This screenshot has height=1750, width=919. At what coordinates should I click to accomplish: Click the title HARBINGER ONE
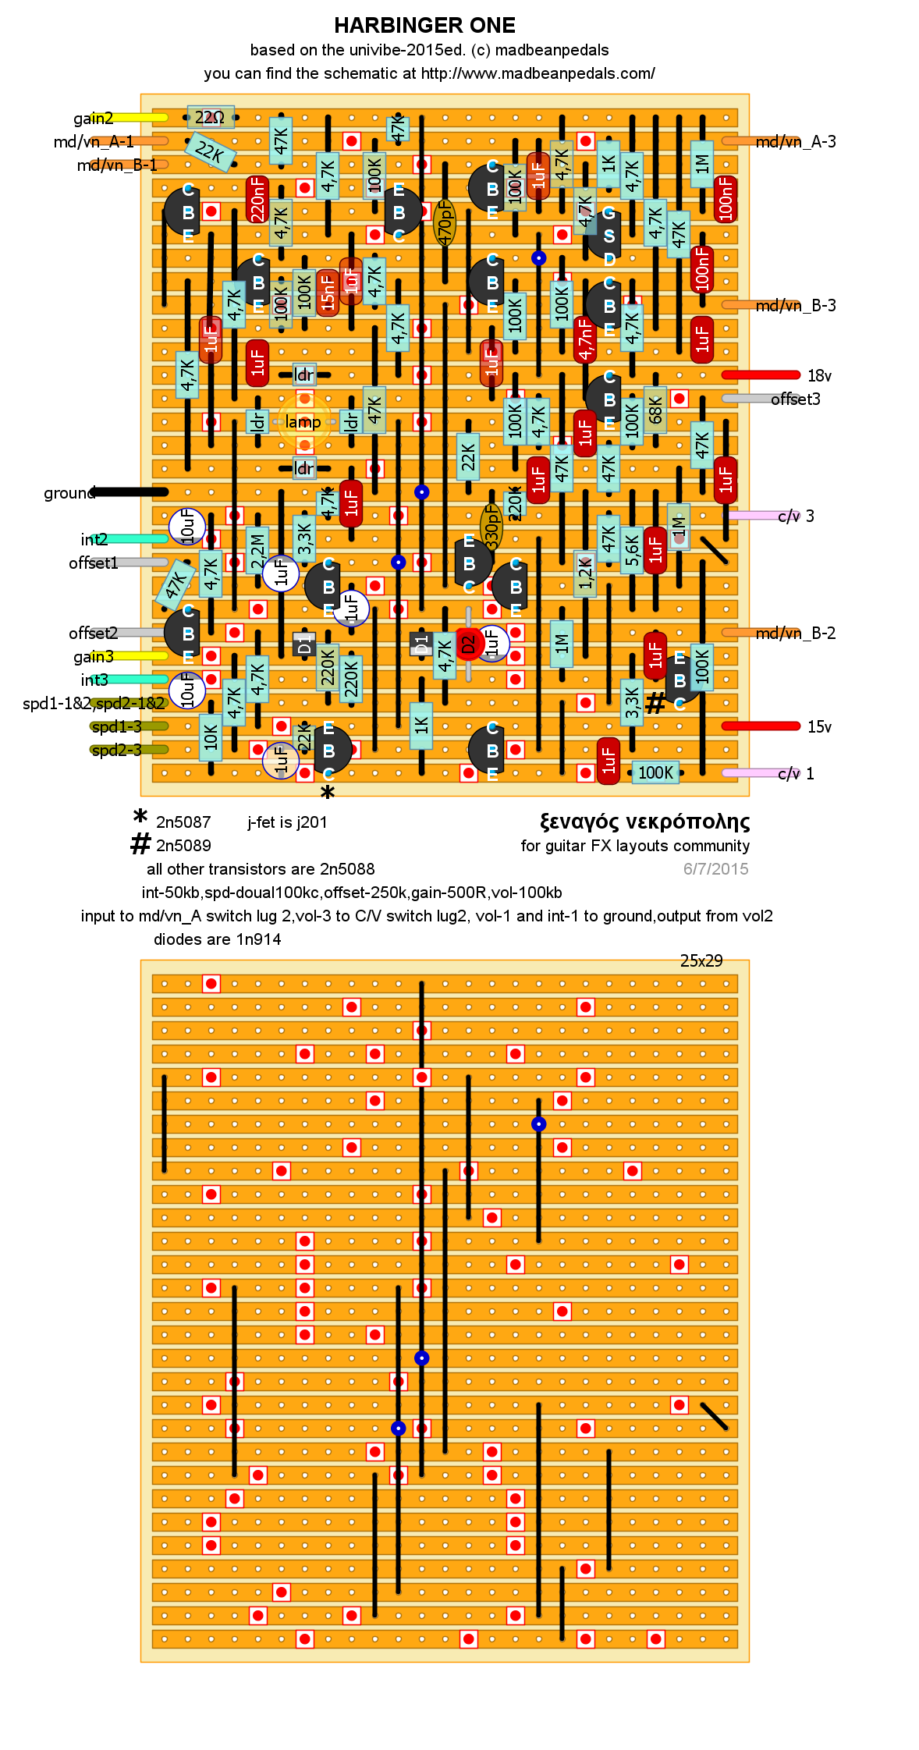pos(424,26)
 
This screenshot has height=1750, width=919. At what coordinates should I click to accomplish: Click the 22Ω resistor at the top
pos(210,118)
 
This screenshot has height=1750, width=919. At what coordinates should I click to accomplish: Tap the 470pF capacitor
pos(445,222)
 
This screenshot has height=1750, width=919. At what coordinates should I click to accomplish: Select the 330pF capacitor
pos(491,527)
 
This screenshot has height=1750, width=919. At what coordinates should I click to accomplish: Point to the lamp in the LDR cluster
pos(303,422)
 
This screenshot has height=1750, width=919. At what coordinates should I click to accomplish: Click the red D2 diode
pos(468,644)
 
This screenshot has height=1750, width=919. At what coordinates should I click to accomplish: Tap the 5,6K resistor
pos(632,551)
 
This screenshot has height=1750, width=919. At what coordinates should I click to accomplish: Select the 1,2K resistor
pos(585,574)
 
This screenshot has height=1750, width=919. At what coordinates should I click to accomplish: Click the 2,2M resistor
pos(257,551)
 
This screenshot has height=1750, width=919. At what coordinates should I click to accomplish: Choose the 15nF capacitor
pos(328,293)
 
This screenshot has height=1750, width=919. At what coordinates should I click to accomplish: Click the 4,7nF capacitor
pos(585,339)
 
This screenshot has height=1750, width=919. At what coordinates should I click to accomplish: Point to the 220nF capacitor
pos(257,199)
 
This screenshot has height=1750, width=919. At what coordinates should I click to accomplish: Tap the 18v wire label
pos(819,376)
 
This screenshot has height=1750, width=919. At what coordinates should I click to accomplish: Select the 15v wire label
pos(819,727)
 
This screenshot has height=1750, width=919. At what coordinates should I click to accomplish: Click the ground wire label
pos(69,493)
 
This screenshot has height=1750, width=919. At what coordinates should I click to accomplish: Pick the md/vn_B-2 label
pos(796,633)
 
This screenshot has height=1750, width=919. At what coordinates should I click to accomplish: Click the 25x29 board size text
pos(701,960)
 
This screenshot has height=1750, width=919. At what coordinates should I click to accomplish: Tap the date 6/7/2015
pos(715,869)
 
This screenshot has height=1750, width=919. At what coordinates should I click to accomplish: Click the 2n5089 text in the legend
pos(183,846)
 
